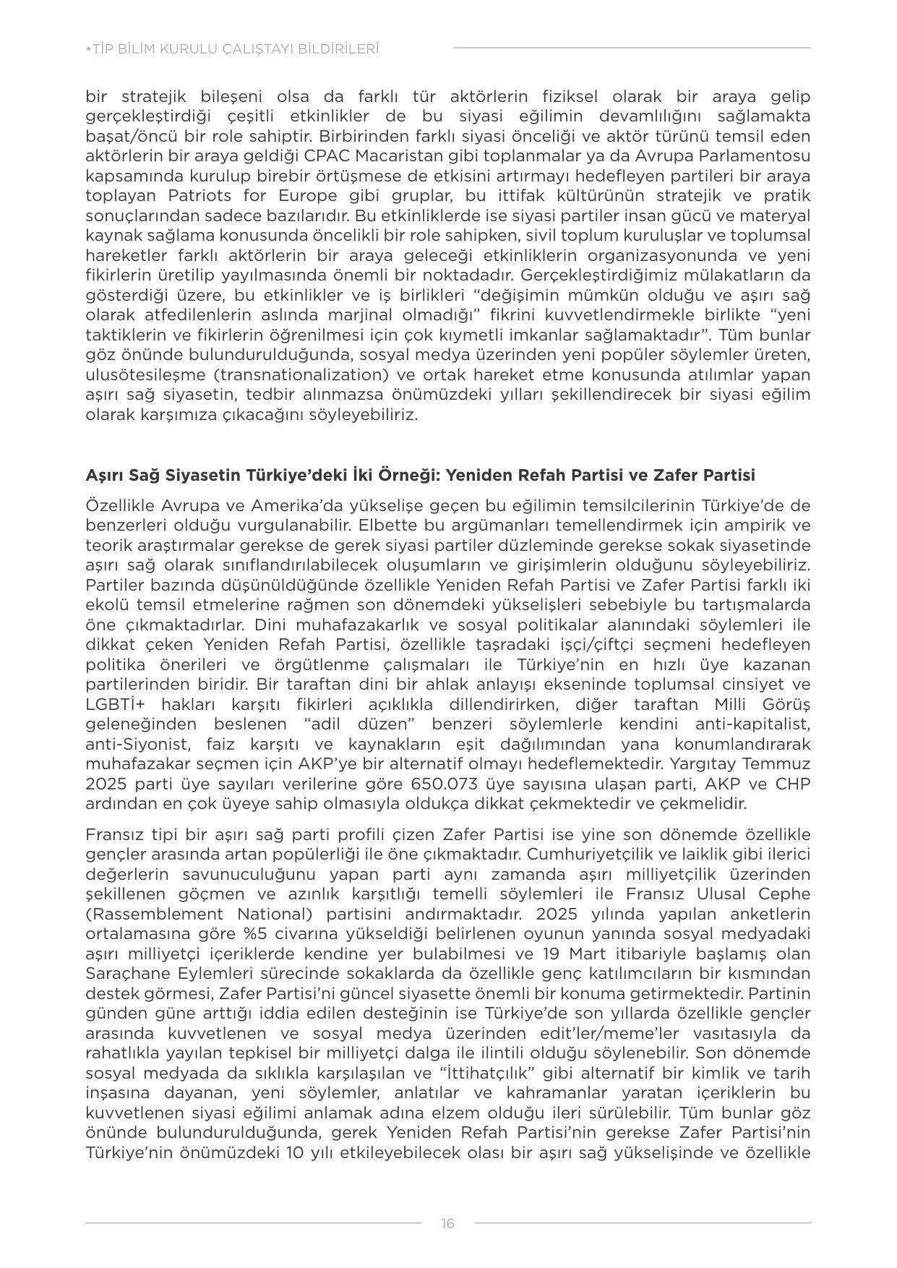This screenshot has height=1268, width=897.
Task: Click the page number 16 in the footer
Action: click(x=447, y=1223)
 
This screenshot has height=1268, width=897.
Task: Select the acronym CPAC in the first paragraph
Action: click(x=329, y=156)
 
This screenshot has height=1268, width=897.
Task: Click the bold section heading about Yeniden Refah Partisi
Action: click(x=420, y=475)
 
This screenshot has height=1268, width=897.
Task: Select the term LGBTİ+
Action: click(x=116, y=704)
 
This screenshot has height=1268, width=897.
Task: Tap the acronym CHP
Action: click(x=792, y=784)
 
